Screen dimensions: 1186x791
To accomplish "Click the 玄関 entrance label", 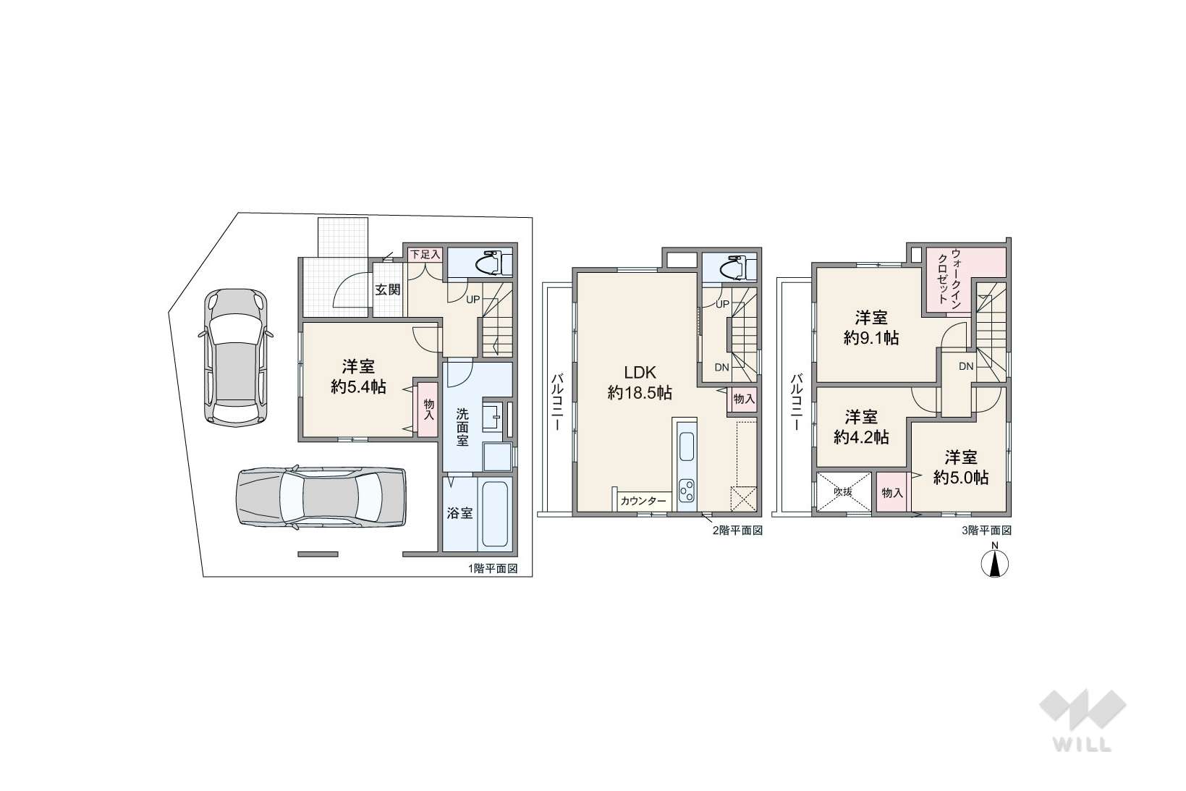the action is coord(388,289).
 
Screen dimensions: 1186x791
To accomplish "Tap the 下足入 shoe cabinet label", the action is coord(425,254).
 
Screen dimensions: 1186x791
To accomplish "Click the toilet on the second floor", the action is coord(737,266).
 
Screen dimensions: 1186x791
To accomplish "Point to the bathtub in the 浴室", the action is coord(494,513).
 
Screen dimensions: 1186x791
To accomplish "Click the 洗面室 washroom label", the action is coord(462,427).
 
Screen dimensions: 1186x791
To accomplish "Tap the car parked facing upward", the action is coord(236,358).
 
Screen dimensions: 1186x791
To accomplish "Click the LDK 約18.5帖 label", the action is coord(640,382).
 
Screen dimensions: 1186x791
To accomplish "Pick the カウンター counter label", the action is coord(643,501).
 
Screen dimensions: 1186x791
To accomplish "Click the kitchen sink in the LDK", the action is coord(686,447).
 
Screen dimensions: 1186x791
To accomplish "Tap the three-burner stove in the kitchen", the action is coord(687,490).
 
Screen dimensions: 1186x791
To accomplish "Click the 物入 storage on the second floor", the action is coord(744,399).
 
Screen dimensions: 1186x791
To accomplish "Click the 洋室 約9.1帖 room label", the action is coord(871,329).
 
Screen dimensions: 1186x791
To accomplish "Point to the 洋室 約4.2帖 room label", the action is coord(861,427).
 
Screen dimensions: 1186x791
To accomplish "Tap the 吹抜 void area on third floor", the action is coord(844,492).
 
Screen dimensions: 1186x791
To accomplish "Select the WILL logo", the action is coord(1083,721).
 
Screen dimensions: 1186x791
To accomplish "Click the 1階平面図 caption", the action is coord(492,569).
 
